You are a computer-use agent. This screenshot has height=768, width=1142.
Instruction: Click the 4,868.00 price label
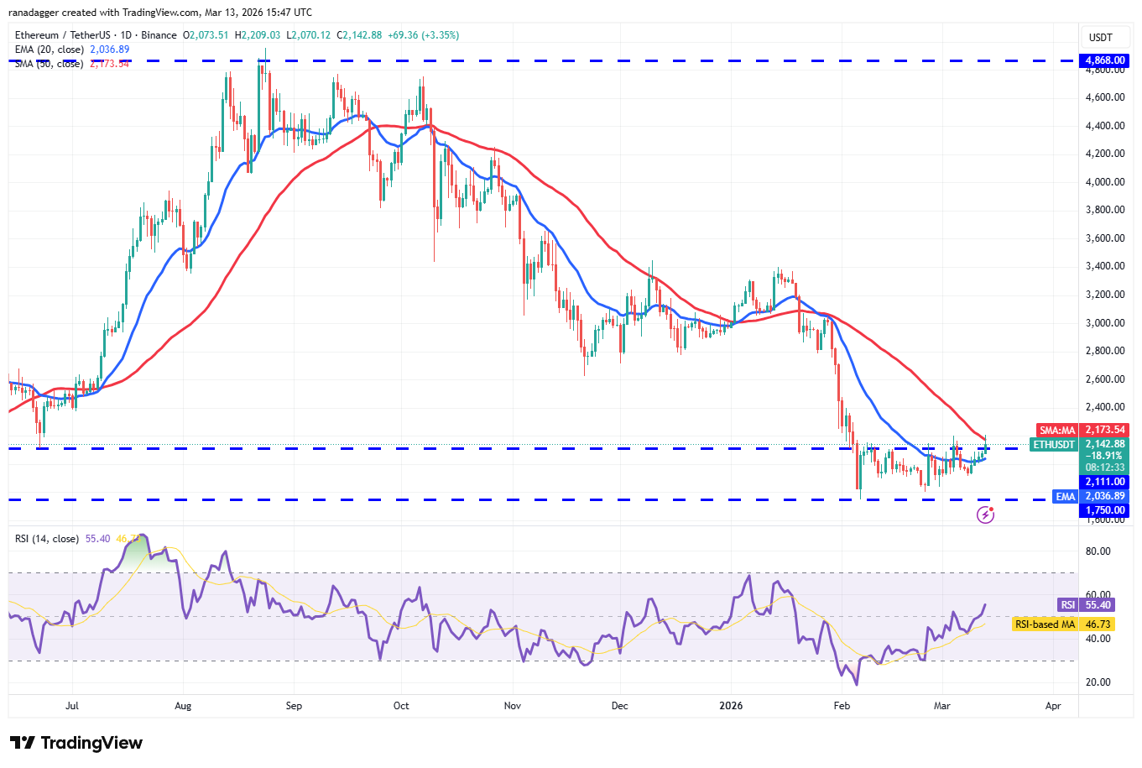coord(1105,60)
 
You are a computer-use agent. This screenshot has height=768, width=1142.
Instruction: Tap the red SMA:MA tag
coord(1056,430)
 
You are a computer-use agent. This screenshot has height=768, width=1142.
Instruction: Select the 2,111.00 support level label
coord(1105,482)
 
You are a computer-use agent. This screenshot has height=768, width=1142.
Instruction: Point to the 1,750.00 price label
coord(1105,510)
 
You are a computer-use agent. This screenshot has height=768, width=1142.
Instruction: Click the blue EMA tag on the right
coord(1065,496)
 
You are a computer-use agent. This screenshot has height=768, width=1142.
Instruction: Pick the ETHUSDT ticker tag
coord(1054,444)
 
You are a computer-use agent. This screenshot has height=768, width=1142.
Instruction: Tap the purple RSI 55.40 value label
coord(1098,604)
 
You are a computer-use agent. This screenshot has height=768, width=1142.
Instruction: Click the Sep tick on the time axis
coord(294,706)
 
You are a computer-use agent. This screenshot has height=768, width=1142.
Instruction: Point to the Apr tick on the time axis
coord(1053,706)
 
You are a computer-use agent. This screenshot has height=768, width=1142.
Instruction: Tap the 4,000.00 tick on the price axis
coord(1105,182)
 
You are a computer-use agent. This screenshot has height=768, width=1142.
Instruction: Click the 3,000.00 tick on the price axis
coord(1105,323)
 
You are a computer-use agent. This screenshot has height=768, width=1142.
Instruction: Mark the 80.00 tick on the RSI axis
coord(1098,551)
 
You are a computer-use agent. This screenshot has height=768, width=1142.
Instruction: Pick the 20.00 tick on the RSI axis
coord(1098,682)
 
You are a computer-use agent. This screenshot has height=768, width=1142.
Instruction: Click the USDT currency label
coord(1100,38)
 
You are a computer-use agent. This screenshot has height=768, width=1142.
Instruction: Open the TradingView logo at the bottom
coord(76,743)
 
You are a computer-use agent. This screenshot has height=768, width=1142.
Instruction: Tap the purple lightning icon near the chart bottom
coord(986,515)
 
